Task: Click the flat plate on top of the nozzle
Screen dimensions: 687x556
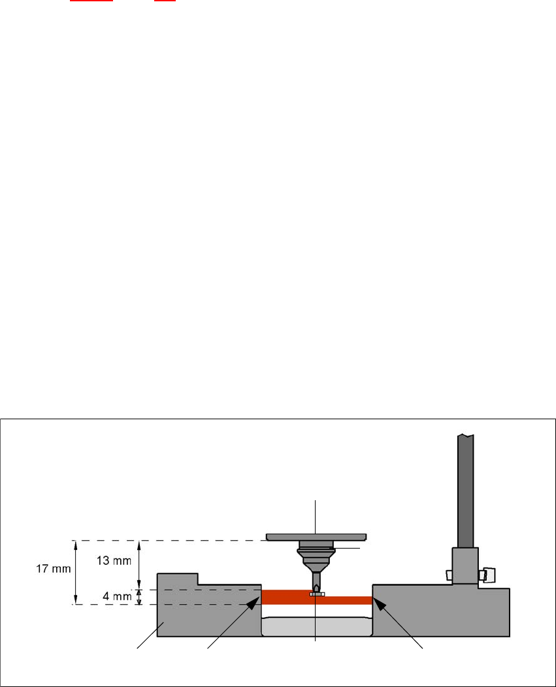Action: [x=316, y=537]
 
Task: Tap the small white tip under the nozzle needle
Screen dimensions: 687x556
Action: [x=316, y=594]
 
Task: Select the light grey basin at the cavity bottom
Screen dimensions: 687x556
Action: [x=316, y=626]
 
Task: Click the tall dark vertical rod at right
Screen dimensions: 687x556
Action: [x=465, y=490]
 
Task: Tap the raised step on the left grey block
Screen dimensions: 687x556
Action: [x=178, y=579]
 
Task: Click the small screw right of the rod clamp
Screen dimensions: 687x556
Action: [x=486, y=574]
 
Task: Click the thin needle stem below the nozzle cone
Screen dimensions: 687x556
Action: [x=316, y=579]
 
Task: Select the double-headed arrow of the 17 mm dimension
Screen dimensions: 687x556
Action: [x=76, y=572]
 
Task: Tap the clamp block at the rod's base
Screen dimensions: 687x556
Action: [x=465, y=565]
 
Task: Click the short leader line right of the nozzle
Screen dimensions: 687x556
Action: [x=346, y=549]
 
